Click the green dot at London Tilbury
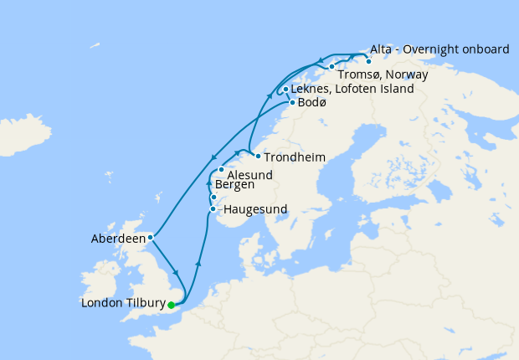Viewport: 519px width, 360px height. [x=172, y=304]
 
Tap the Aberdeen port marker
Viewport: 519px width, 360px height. [x=150, y=238]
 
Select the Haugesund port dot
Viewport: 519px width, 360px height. [x=213, y=208]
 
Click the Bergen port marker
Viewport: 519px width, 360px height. [x=213, y=198]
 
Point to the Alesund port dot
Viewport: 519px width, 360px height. [x=221, y=170]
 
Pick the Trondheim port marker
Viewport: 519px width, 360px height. [x=258, y=157]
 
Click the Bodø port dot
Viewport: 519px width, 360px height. [x=291, y=103]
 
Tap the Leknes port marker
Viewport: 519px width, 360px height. [x=285, y=90]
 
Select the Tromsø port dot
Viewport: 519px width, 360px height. [x=331, y=66]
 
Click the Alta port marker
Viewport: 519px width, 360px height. [x=368, y=61]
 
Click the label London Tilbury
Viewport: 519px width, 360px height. [x=122, y=304]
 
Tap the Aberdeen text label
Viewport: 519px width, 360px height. [x=118, y=239]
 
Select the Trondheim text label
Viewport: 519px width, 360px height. [x=295, y=157]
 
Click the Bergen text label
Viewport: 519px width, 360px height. [x=234, y=184]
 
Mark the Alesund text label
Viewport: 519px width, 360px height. [x=250, y=173]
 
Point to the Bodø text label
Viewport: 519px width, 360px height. [x=312, y=103]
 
